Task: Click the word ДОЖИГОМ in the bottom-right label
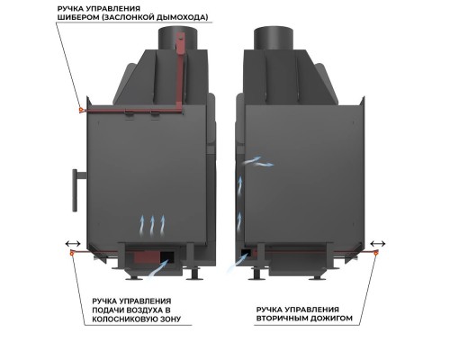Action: click(333, 318)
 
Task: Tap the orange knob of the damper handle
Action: click(81, 110)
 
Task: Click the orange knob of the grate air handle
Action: click(72, 253)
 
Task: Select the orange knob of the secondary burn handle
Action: click(375, 253)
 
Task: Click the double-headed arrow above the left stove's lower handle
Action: click(73, 243)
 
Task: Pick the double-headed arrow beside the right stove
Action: click(378, 243)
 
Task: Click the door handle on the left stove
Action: click(76, 190)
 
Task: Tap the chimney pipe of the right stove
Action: click(273, 39)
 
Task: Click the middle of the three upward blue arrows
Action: click(152, 225)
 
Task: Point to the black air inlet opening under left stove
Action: click(167, 257)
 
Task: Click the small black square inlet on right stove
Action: click(247, 252)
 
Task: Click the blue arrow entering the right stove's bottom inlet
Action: click(238, 262)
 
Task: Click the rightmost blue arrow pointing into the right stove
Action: click(264, 164)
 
